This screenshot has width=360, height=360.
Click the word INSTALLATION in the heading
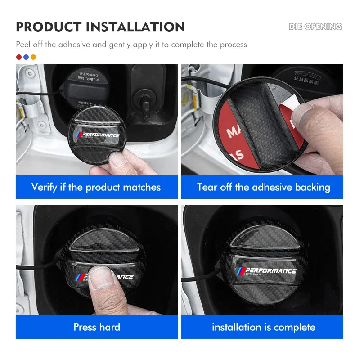(135, 27)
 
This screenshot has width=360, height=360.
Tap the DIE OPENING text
(315, 27)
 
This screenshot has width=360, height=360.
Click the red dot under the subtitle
(18, 57)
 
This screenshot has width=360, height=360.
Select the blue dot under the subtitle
(26, 57)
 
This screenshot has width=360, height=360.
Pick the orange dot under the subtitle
(33, 57)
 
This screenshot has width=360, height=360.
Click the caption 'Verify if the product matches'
(96, 187)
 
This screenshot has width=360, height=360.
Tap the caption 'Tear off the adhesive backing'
(263, 187)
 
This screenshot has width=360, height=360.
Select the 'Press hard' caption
(96, 327)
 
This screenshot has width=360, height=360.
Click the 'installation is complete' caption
(263, 327)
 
